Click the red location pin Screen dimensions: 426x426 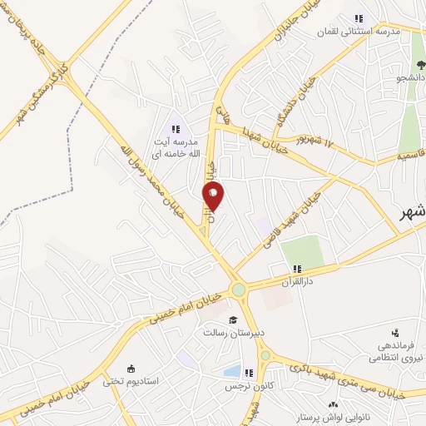[x=213, y=196]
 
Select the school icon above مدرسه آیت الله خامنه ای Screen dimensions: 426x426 [x=176, y=128]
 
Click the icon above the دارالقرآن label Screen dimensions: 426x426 [x=297, y=268]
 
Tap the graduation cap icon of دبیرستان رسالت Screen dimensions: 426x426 [x=233, y=319]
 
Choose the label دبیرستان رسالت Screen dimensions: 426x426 [x=233, y=332]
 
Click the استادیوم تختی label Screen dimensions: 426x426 [x=130, y=381]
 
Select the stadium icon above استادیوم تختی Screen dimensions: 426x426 [x=130, y=369]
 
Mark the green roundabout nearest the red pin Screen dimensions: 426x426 [x=239, y=290]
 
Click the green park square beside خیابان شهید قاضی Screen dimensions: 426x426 [x=300, y=250]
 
